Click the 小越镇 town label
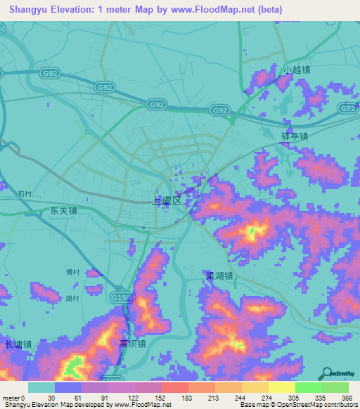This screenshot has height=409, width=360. point(297,70)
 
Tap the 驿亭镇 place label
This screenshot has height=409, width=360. point(295,137)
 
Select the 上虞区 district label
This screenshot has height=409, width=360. point(168,201)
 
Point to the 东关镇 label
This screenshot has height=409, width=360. point(63,210)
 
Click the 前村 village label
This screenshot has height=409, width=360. point(25,193)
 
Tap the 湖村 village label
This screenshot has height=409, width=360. point(72,299)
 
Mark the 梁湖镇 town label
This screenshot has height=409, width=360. point(219,276)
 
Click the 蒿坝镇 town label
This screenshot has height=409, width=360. point(132,344)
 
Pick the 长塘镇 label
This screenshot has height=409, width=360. point(18,344)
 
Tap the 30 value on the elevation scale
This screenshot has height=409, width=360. point(52,398)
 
